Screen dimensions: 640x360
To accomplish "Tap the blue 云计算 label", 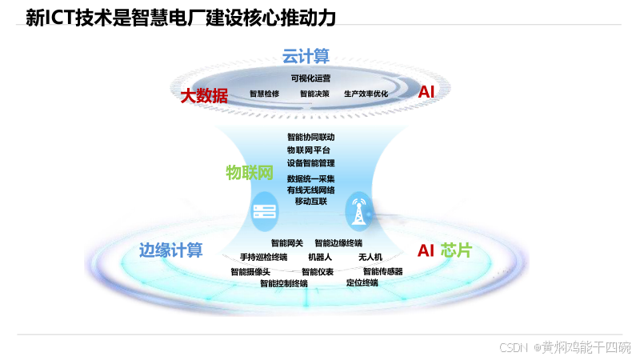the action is point(306,56).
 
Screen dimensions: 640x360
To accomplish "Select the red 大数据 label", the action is point(204,96).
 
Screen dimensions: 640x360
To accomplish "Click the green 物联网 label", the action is point(250,173).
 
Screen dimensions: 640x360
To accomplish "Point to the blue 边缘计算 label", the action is point(170,250).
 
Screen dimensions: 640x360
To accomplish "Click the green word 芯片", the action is point(456,250).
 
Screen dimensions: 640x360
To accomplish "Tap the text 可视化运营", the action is point(310,78).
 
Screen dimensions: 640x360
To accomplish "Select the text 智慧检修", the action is point(264,94).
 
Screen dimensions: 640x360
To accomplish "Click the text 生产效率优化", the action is point(366,94).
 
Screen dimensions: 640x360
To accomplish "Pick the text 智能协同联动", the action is point(310,137).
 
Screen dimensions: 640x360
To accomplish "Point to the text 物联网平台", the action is point(308,150).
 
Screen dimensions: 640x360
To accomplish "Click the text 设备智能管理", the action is point(310,162).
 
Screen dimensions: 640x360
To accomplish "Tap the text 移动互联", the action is point(310,201).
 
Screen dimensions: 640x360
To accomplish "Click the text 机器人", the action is point(319,257).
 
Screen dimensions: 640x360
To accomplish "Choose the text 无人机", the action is point(370,257).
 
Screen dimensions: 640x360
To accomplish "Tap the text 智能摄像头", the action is point(250,271).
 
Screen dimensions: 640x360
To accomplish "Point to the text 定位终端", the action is point(362,282).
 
